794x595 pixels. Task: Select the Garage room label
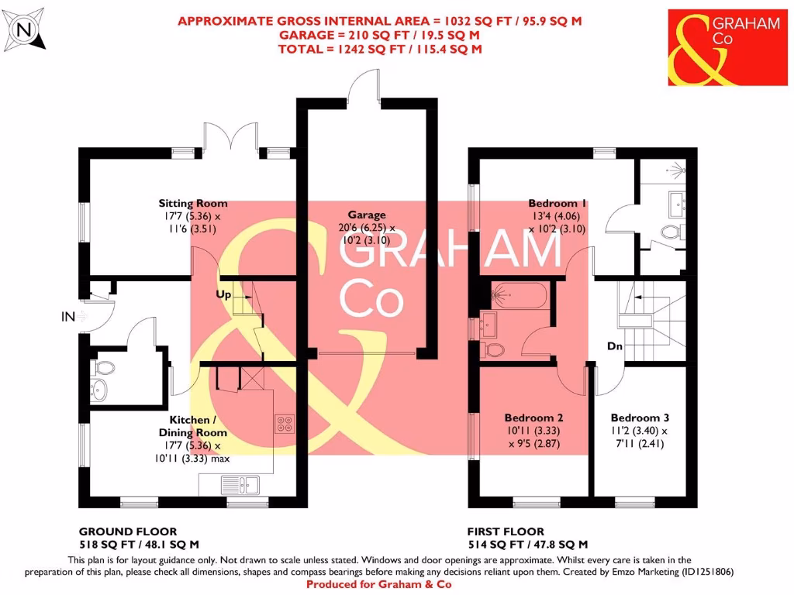pyautogui.click(x=366, y=215)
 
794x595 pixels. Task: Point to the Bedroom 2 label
pyautogui.click(x=532, y=417)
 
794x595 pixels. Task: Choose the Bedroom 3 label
pyautogui.click(x=639, y=417)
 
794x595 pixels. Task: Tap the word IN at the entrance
pyautogui.click(x=69, y=317)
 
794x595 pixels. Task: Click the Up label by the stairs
pyautogui.click(x=224, y=295)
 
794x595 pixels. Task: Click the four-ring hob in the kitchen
pyautogui.click(x=285, y=424)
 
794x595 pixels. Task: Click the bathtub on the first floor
pyautogui.click(x=520, y=294)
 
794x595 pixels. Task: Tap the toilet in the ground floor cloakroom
pyautogui.click(x=103, y=367)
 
